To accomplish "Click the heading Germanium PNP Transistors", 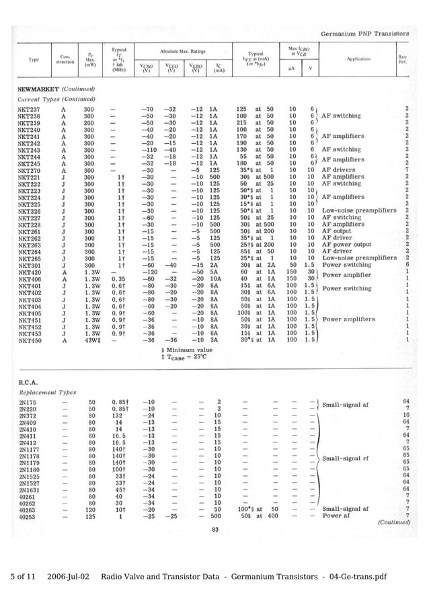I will (364, 32).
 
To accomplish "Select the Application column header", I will (359, 59).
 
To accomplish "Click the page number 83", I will (215, 530).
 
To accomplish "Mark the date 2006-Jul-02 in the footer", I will (69, 577).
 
